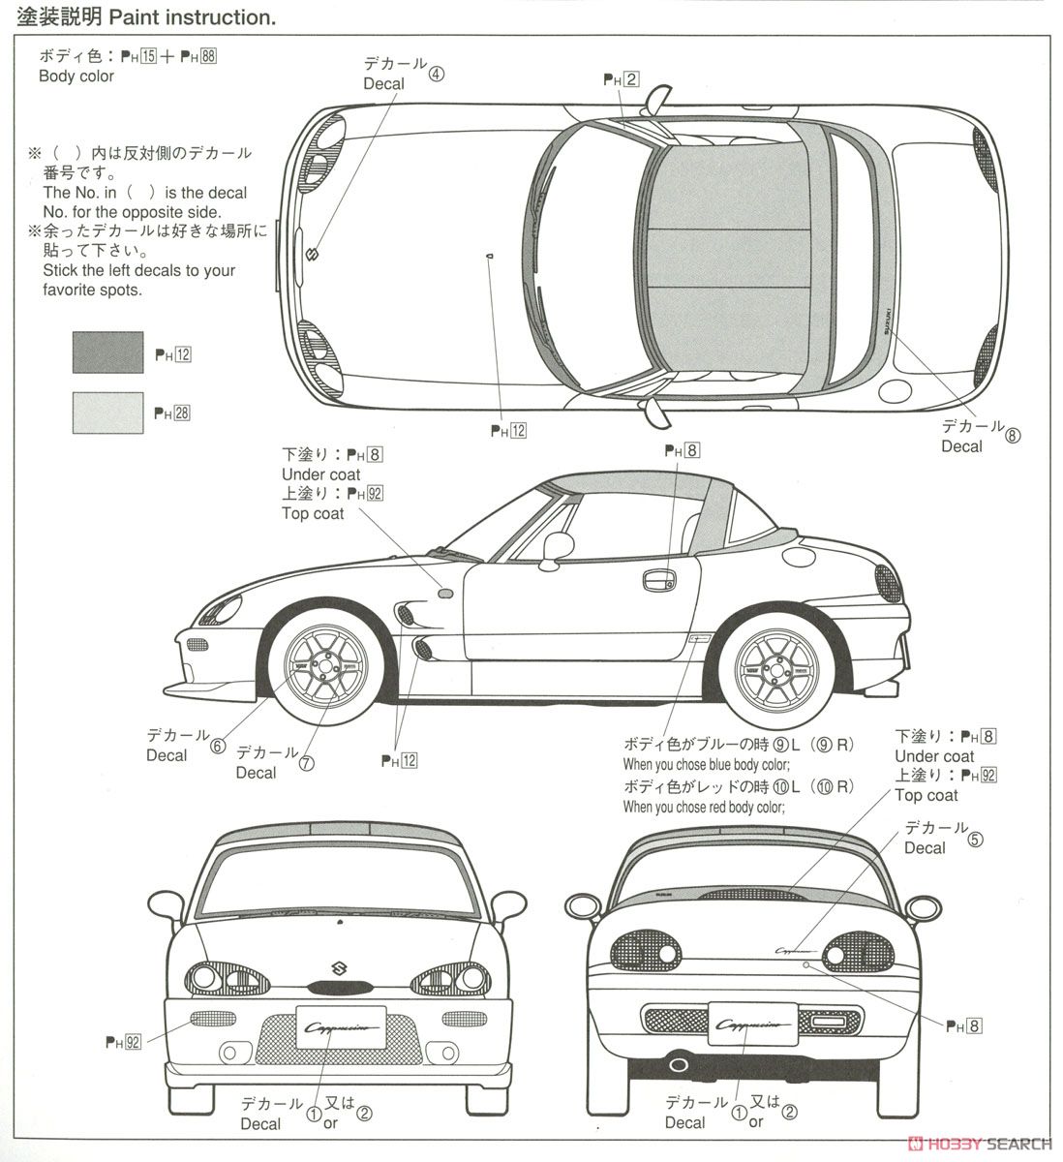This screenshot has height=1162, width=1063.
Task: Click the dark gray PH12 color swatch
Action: click(106, 352)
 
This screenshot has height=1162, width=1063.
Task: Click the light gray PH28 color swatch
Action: click(106, 412)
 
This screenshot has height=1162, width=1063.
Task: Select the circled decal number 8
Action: click(1013, 435)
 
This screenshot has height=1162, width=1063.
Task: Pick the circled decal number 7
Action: click(307, 763)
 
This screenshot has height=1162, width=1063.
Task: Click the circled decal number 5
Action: click(975, 840)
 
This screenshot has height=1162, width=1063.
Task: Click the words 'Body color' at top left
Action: click(76, 76)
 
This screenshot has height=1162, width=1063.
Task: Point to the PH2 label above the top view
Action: click(621, 80)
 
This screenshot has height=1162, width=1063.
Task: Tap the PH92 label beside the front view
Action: click(124, 1042)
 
